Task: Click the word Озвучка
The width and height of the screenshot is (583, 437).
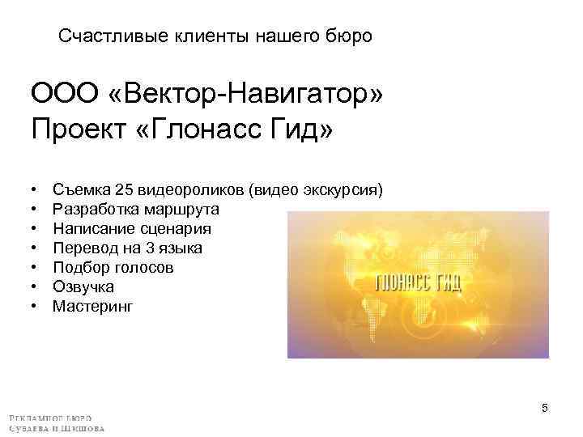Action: [x=83, y=286]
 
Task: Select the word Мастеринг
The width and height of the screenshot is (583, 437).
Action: [x=92, y=306]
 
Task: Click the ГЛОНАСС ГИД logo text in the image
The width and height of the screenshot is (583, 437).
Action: [x=419, y=283]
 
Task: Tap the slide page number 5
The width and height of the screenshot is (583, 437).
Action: [x=545, y=408]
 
